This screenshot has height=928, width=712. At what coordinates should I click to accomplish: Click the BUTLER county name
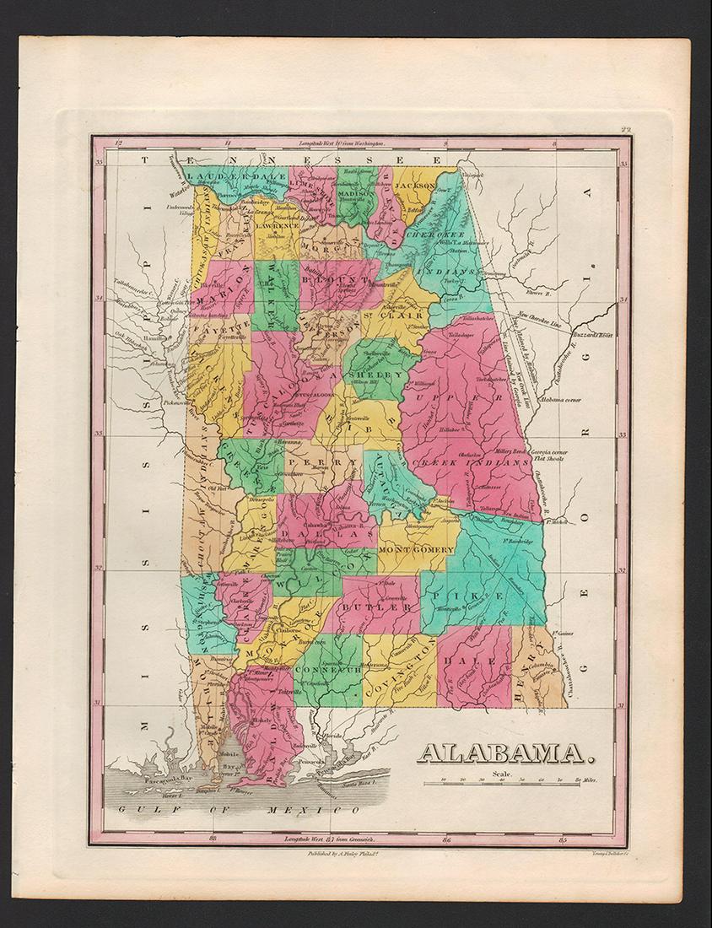tap(387, 606)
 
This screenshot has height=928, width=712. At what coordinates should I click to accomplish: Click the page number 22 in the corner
tap(624, 128)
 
